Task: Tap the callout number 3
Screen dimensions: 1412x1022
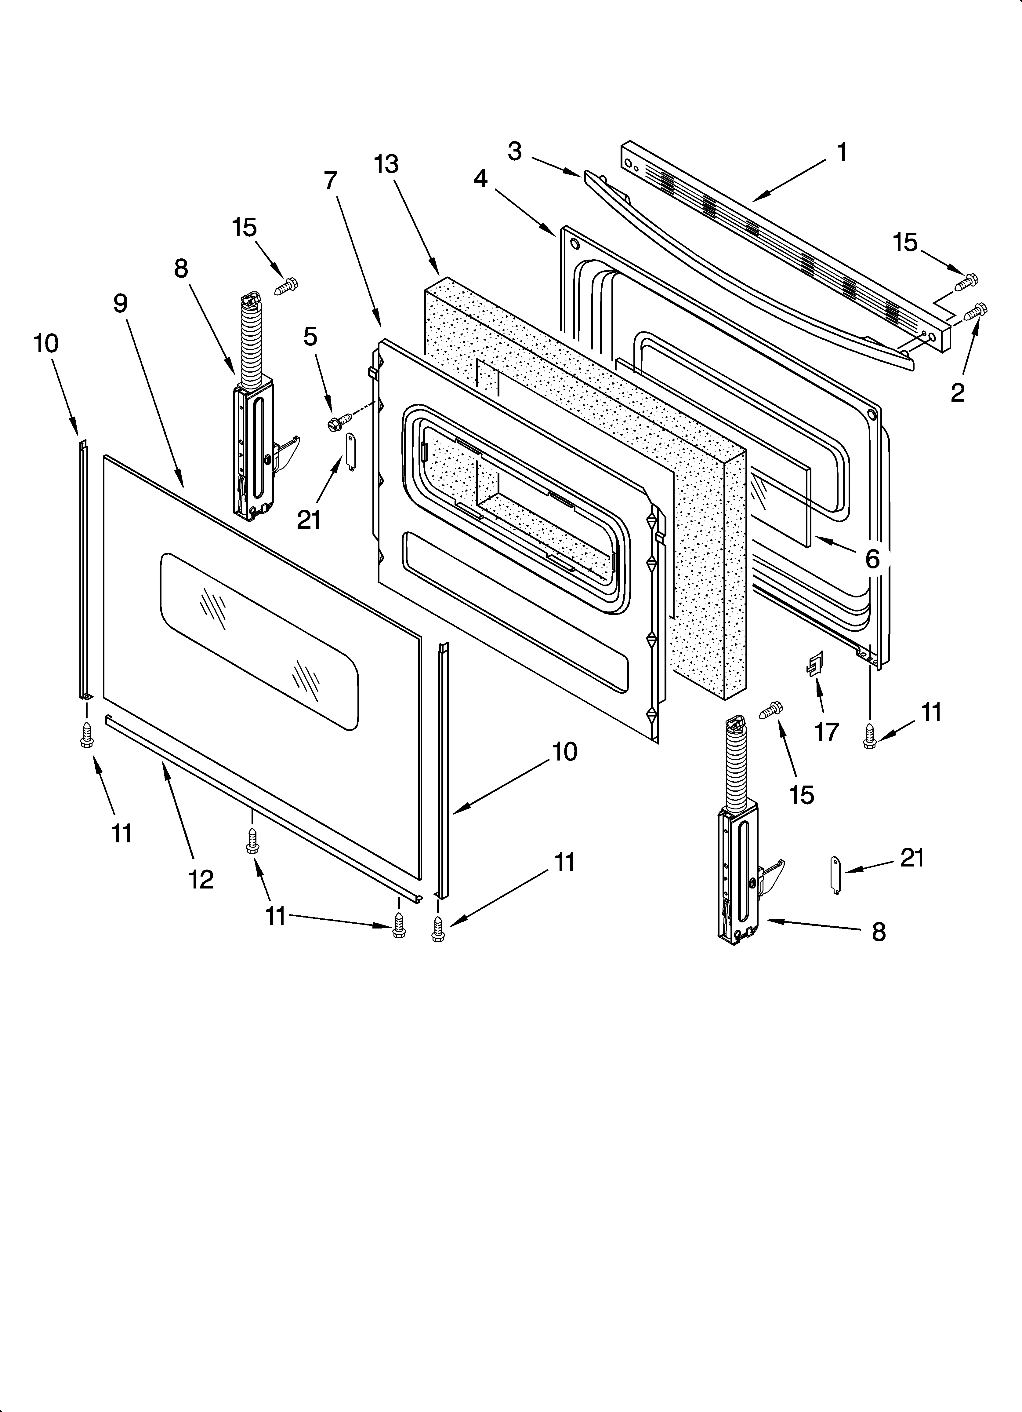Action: [514, 151]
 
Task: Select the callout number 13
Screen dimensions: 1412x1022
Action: [386, 164]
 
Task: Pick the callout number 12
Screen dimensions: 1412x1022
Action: [201, 879]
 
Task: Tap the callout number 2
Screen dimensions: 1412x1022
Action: [957, 392]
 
